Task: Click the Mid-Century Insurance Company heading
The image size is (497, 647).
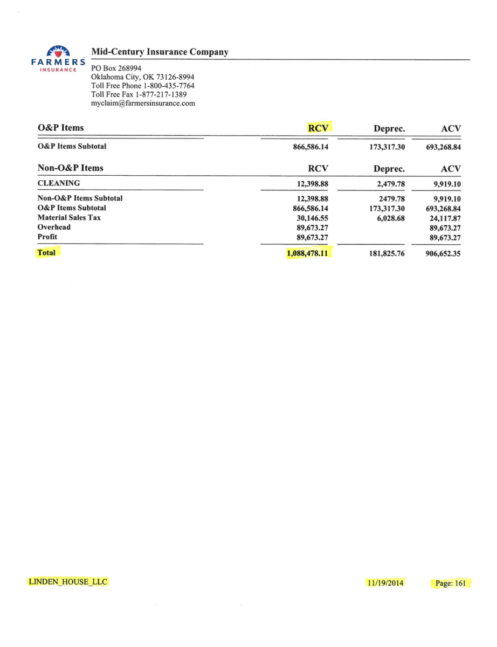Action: pyautogui.click(x=160, y=52)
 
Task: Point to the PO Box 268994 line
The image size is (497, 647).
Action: pyautogui.click(x=118, y=68)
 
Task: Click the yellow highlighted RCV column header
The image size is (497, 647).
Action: pyautogui.click(x=318, y=128)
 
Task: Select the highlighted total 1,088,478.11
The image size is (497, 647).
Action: pyautogui.click(x=308, y=253)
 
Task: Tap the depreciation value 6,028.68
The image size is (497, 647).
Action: pyautogui.click(x=389, y=218)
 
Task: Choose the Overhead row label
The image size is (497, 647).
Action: pyautogui.click(x=53, y=227)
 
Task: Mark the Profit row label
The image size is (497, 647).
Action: pyautogui.click(x=47, y=237)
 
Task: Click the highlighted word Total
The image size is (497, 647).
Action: pyautogui.click(x=46, y=252)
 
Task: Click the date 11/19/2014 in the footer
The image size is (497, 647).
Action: pyautogui.click(x=384, y=583)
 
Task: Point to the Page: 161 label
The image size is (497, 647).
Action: pyautogui.click(x=450, y=583)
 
